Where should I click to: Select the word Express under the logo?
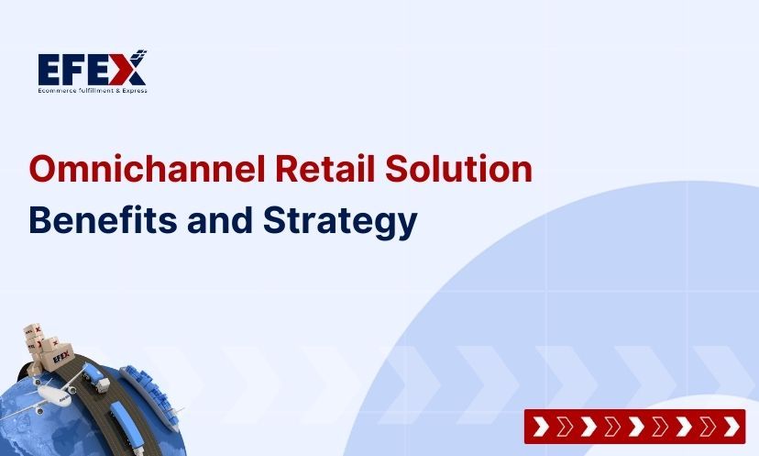(134, 90)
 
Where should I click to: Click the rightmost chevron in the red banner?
(731, 427)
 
